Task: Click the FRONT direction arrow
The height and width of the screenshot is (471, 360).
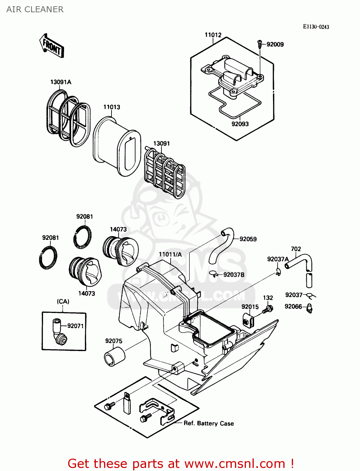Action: coord(52,46)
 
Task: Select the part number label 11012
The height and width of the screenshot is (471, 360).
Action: coord(213,35)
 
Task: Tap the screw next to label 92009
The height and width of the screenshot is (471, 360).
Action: coord(260,44)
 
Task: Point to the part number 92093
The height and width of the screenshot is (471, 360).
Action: coord(240,124)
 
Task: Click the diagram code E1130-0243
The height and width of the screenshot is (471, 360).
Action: coord(316,27)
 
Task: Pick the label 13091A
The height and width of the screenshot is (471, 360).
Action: coord(61,82)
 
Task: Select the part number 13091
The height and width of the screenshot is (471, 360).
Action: coord(161,143)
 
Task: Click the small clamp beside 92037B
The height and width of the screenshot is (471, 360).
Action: coord(213,274)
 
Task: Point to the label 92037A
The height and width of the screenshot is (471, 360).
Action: coord(278,259)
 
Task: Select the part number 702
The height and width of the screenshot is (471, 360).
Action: coord(296,249)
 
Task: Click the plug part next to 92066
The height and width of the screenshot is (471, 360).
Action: coord(309,308)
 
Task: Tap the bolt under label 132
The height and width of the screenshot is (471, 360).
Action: coord(268,309)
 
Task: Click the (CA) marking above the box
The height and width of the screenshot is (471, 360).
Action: coord(63,301)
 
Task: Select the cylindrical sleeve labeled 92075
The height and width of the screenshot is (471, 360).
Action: coord(114,356)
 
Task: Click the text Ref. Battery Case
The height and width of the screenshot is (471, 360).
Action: coord(209,423)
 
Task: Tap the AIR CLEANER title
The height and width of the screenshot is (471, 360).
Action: coord(35,9)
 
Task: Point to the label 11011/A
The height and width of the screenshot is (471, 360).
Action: coord(170,254)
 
